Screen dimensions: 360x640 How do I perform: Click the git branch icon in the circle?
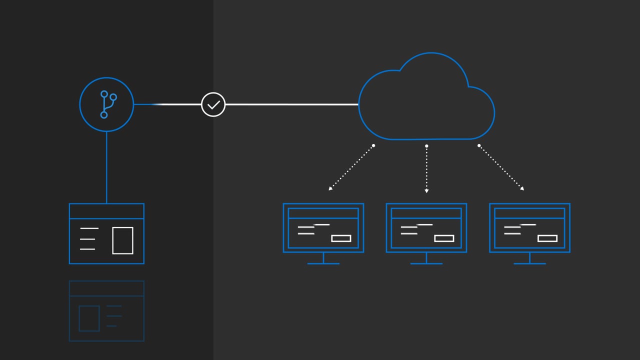click(x=106, y=104)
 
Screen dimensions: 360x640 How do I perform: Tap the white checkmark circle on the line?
click(x=213, y=104)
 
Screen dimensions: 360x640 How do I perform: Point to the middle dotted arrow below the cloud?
click(x=426, y=169)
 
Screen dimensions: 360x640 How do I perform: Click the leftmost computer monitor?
click(x=323, y=228)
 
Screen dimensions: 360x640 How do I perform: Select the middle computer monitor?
click(x=426, y=228)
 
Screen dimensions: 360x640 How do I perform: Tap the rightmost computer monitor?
click(x=529, y=228)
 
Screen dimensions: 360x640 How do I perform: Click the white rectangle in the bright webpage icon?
click(x=122, y=240)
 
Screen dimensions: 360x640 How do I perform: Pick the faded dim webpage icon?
click(x=106, y=311)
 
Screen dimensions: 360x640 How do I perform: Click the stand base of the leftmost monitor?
click(x=323, y=263)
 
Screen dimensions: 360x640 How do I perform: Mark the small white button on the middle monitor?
click(x=444, y=238)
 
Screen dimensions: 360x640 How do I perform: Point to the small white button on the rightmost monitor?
click(x=547, y=238)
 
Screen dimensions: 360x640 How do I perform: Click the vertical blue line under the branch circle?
click(x=106, y=167)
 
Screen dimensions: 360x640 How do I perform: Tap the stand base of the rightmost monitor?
click(x=529, y=263)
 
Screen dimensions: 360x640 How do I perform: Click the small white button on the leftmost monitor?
click(x=341, y=238)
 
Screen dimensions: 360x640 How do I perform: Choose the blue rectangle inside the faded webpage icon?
click(x=89, y=318)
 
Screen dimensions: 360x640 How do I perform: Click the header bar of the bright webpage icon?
click(x=106, y=211)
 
